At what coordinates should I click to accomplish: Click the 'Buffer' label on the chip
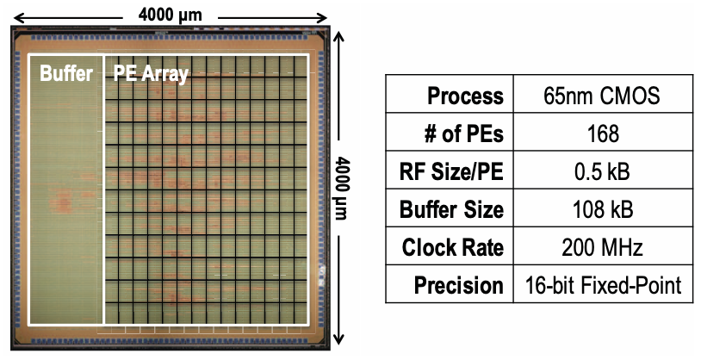(66, 73)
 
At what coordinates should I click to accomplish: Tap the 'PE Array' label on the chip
(151, 74)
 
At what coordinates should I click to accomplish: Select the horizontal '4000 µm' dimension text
(171, 13)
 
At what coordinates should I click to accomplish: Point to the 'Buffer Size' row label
(453, 209)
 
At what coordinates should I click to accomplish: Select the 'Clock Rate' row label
(453, 247)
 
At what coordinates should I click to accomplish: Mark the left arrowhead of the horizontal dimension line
(11, 16)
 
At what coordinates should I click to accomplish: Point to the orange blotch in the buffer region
(64, 204)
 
